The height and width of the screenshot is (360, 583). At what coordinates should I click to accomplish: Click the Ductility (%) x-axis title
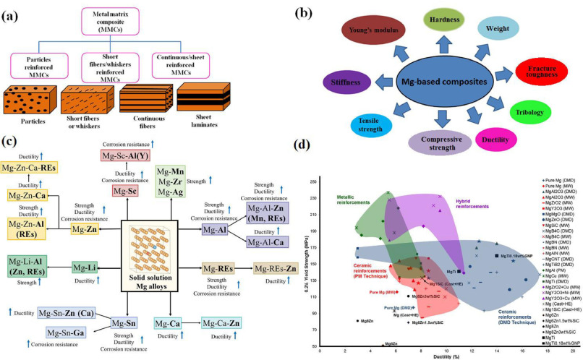[x=442, y=356]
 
